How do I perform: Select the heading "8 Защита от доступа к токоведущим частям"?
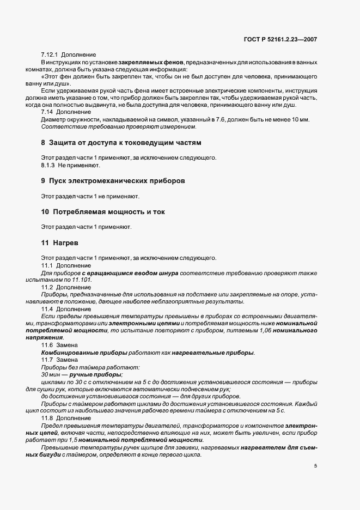(121, 143)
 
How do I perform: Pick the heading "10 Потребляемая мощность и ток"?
(103, 211)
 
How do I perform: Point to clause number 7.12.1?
(50, 55)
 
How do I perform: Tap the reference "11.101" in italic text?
(81, 280)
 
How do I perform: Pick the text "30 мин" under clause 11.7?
(50, 375)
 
